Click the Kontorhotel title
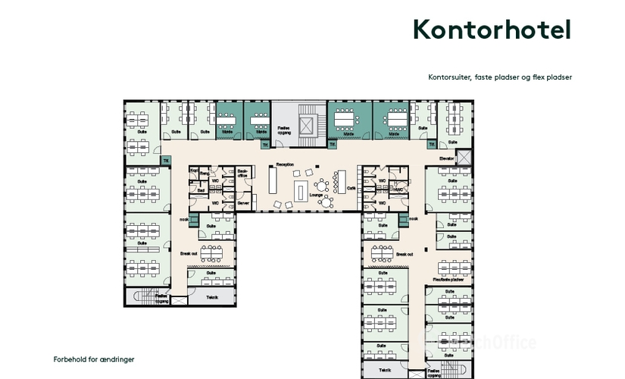491,30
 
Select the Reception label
285,164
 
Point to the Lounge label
317,195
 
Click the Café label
351,187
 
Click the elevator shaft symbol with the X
464,158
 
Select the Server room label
242,203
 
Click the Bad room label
202,191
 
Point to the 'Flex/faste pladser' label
448,279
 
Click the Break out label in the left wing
189,254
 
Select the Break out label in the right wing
405,255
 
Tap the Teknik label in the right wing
386,370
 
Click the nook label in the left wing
183,220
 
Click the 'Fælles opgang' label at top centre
283,130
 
